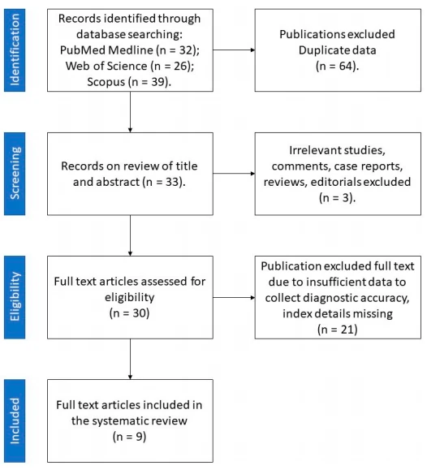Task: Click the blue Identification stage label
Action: coord(15,50)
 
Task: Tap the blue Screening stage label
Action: coord(15,174)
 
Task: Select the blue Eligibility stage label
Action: coord(15,297)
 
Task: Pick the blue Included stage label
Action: coord(15,420)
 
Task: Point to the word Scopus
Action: coord(106,82)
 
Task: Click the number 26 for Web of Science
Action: coord(181,66)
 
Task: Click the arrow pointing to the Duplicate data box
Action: coord(234,50)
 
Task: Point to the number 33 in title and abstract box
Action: coord(172,182)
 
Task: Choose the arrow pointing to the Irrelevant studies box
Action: coord(234,174)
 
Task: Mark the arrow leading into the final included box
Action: coord(130,359)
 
